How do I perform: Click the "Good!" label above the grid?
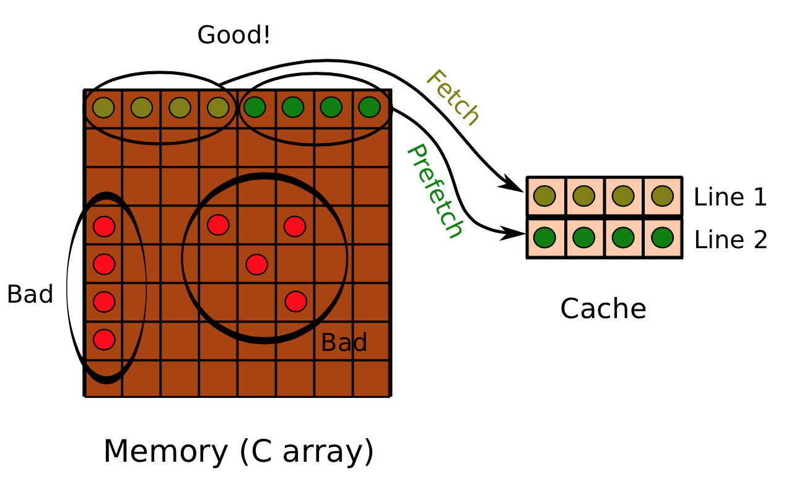pos(233,35)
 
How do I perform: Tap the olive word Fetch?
pos(453,97)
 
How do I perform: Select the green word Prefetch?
pos(434,191)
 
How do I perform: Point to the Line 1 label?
pos(730,197)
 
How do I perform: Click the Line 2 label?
pos(731,240)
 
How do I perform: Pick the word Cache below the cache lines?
pos(603,309)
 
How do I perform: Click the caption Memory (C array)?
pos(238,451)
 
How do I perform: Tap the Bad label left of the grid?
pos(30,295)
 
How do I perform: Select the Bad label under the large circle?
pos(344,342)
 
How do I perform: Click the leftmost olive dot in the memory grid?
pos(103,108)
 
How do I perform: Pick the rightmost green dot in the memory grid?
pos(369,107)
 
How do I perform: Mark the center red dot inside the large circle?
pos(256,264)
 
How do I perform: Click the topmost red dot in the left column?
pos(104,226)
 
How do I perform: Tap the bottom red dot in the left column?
pos(104,339)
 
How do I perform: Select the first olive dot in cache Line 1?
pos(544,196)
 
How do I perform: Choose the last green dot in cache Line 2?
pos(662,237)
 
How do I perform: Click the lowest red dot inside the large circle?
pos(296,301)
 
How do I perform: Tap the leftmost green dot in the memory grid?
pos(255,107)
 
